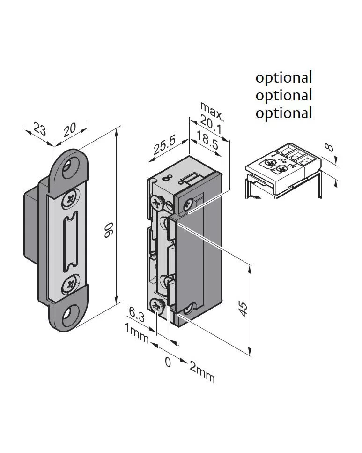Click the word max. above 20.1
pos(212,109)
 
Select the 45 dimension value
pos(243,309)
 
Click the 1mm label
pos(136,333)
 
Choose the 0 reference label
pos(168,362)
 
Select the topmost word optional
pos(283,77)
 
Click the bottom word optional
pos(283,113)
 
